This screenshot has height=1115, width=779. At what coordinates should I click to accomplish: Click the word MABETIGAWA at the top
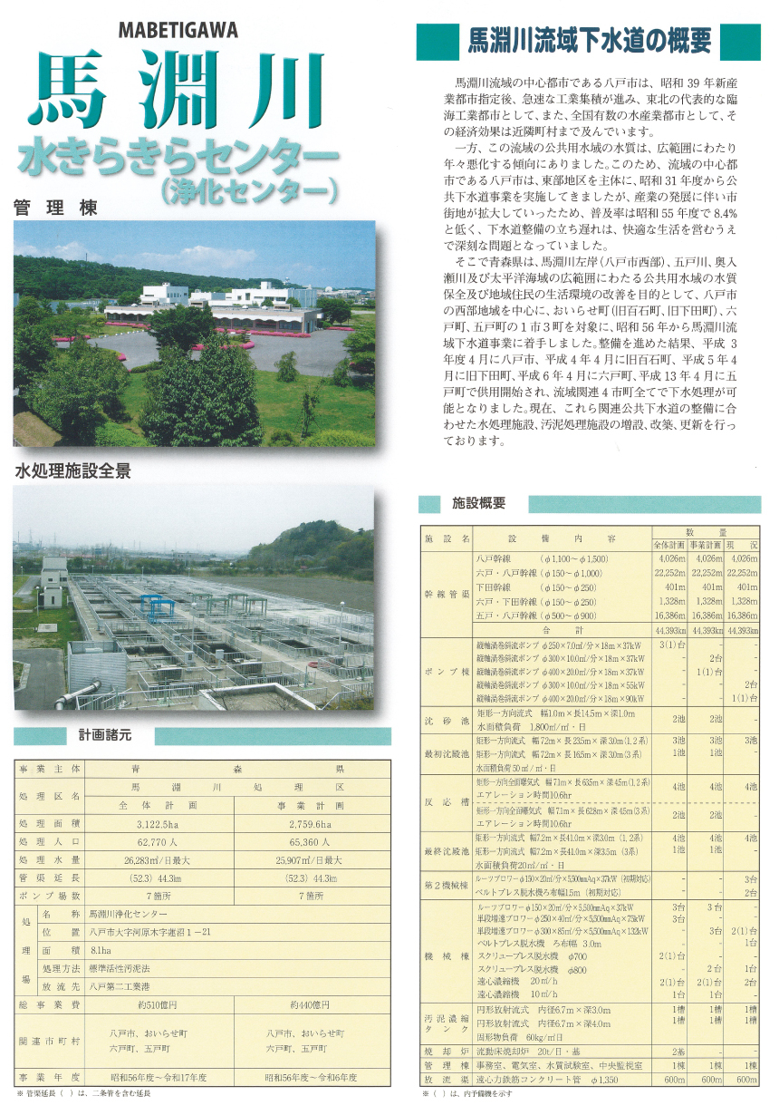pos(178,30)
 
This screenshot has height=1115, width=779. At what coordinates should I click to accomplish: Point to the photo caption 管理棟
pos(55,208)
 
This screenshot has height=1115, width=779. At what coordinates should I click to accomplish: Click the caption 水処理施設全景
pos(72,471)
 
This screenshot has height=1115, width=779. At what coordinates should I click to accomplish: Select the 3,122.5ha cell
pos(158,824)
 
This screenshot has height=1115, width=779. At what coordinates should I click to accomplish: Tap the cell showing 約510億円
pos(158,1005)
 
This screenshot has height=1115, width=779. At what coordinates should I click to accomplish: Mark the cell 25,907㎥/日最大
pos(311,859)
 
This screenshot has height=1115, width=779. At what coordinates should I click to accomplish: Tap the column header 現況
pos(746,545)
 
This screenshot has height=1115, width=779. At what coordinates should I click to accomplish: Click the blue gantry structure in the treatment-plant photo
pos(155,603)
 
